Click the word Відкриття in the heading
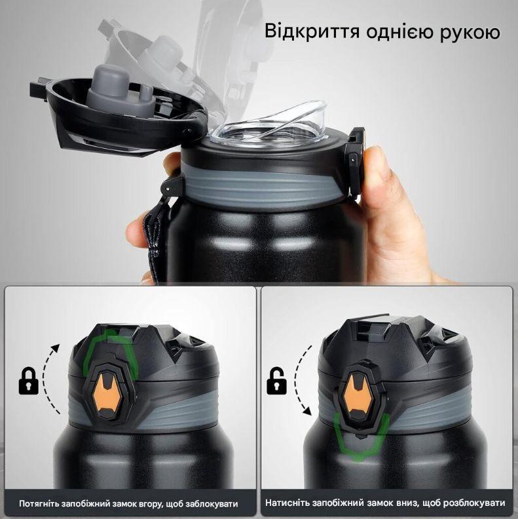click(x=312, y=32)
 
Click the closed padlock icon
click(x=28, y=381)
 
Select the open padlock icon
click(x=276, y=381)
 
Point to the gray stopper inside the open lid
click(x=120, y=88)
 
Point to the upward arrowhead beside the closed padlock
click(x=56, y=348)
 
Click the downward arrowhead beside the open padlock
click(x=308, y=412)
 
